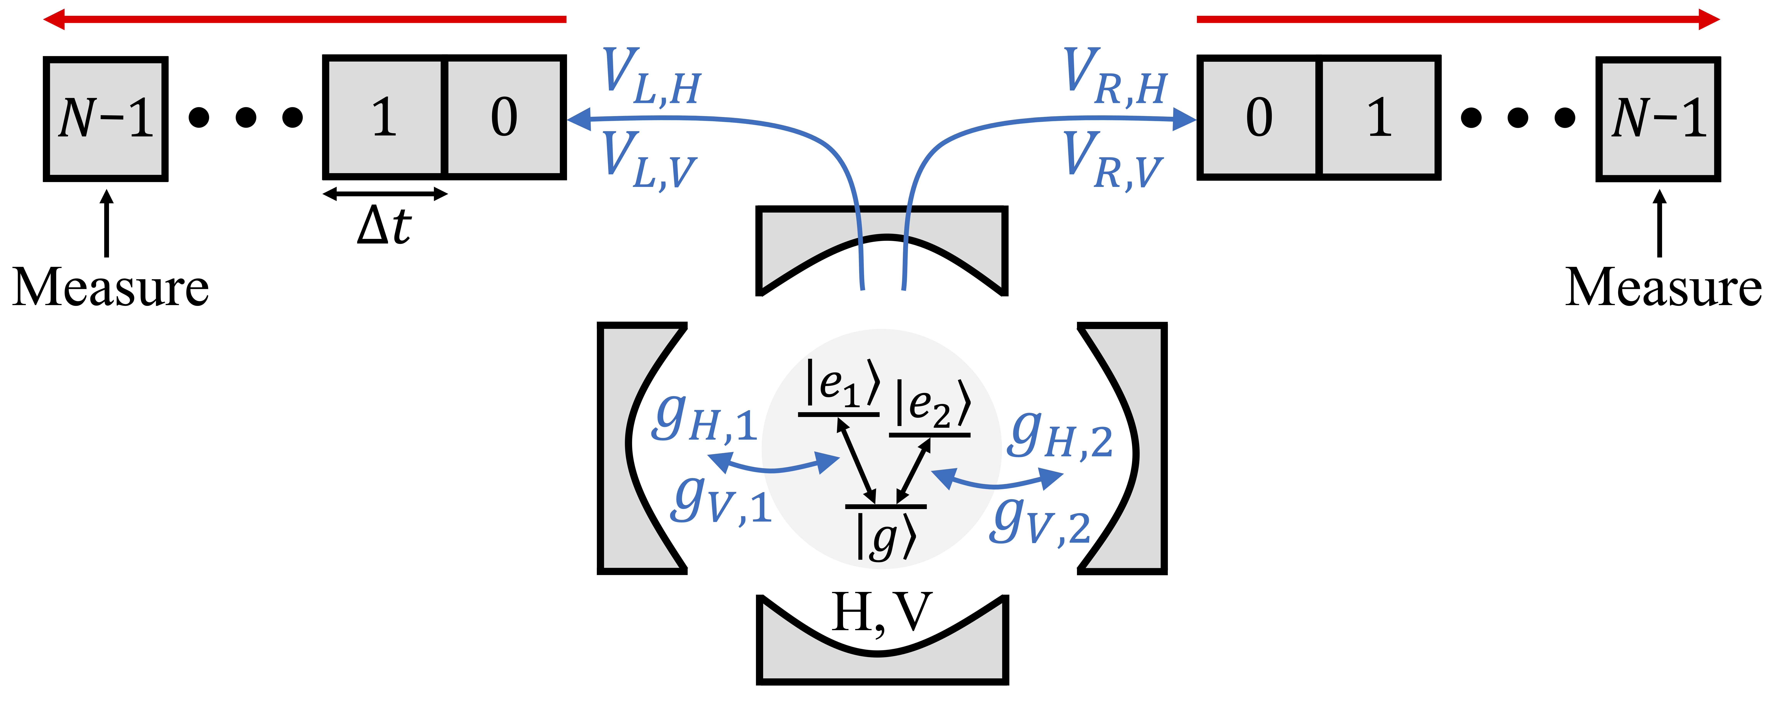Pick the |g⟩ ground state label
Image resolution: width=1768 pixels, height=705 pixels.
click(885, 537)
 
